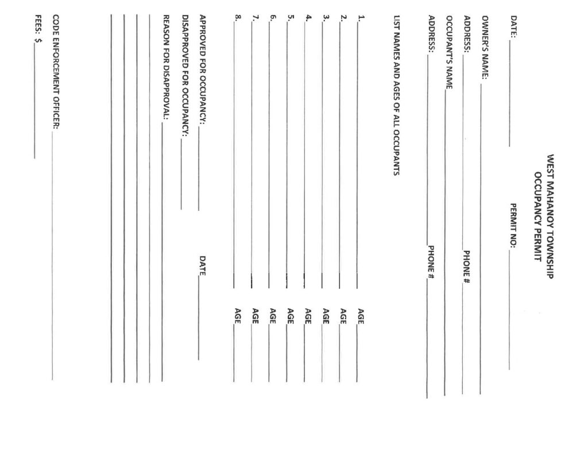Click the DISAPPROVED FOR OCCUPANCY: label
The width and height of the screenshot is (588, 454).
184,75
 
